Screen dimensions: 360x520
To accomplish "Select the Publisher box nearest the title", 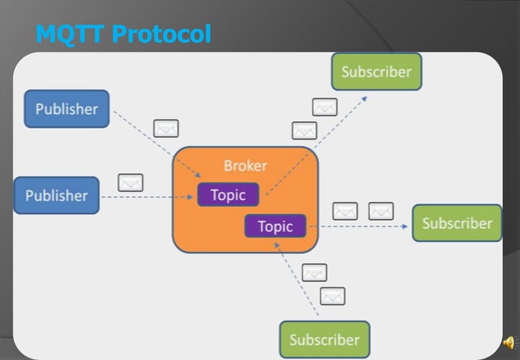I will click(x=66, y=109).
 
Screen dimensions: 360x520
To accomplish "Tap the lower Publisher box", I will click(x=56, y=195).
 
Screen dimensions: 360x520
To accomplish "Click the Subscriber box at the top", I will click(x=377, y=72).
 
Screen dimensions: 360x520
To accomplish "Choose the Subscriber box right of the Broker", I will click(x=456, y=223).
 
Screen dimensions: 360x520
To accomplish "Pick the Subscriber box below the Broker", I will click(x=324, y=340).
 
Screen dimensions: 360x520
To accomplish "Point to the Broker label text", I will click(x=245, y=165).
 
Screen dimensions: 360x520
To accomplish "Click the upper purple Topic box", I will click(x=228, y=195).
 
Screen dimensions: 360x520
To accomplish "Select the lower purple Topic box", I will click(x=275, y=226).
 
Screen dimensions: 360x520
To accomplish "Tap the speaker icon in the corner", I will click(x=509, y=342).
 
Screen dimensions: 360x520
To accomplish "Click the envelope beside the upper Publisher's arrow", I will click(x=165, y=128).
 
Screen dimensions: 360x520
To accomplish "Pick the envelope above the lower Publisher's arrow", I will click(x=130, y=182).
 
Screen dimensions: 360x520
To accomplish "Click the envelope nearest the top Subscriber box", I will click(x=324, y=107).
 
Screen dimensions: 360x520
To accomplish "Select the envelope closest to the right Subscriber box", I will click(x=381, y=211).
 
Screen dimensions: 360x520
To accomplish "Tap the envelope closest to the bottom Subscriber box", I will click(x=332, y=296).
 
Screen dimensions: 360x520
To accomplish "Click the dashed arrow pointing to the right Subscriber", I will click(x=359, y=226).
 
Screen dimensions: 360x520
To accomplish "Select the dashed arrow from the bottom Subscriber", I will click(x=300, y=281).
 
